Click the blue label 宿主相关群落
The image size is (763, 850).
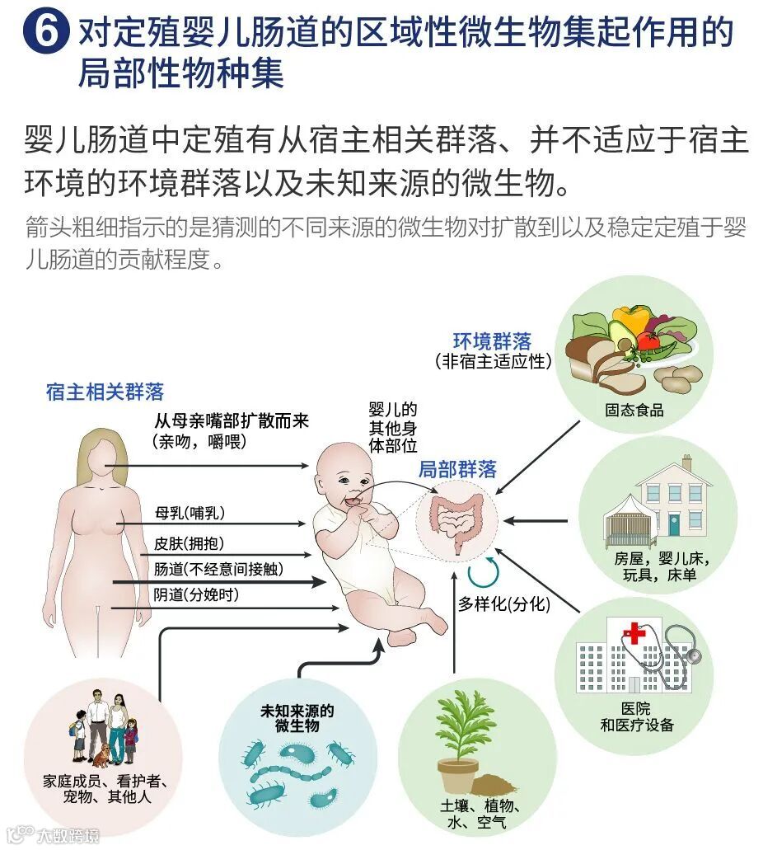105,391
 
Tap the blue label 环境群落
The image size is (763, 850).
493,340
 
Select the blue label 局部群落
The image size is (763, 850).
457,469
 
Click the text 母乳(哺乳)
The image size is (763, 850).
190,513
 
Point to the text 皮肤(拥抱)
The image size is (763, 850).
189,543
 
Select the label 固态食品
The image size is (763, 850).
634,410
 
